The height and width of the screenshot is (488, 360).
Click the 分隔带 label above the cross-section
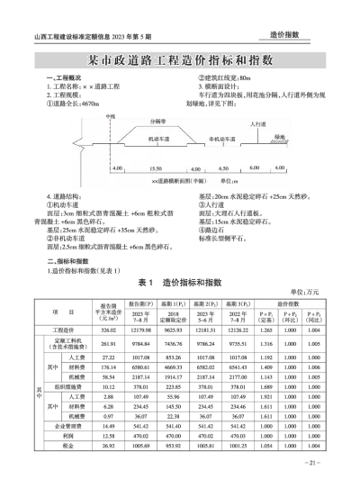pos(162,122)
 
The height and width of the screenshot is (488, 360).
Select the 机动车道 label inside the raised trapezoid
pos(148,138)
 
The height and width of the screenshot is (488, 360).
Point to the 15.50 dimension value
pos(154,168)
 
